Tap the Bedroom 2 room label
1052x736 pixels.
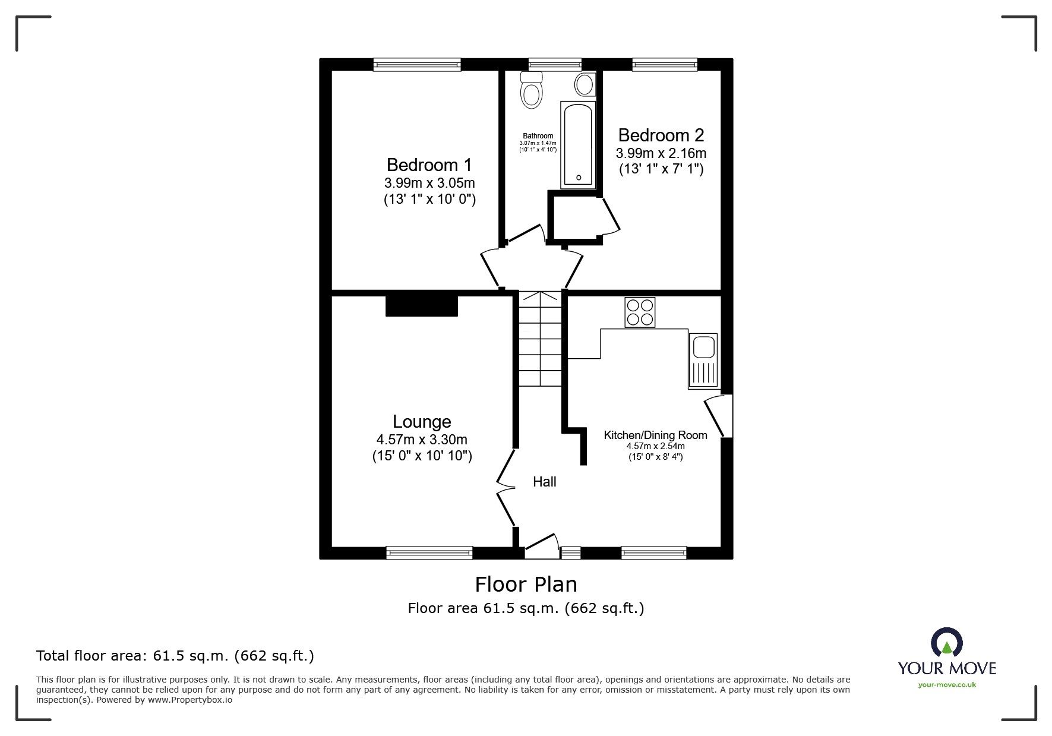point(661,135)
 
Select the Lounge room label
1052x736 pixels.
point(422,422)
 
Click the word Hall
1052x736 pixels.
point(544,482)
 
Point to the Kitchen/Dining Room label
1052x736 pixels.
point(655,435)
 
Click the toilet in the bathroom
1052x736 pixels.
point(532,90)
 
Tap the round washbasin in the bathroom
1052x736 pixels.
point(585,84)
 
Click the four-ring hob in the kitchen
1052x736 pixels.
point(640,312)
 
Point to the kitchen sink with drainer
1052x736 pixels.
point(703,361)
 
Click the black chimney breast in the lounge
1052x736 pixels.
point(421,306)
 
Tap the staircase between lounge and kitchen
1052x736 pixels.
point(540,339)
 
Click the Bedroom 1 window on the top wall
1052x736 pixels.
point(417,64)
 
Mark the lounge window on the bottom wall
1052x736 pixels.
point(429,553)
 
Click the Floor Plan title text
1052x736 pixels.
point(526,585)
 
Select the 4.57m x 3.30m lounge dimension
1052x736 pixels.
point(422,440)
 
